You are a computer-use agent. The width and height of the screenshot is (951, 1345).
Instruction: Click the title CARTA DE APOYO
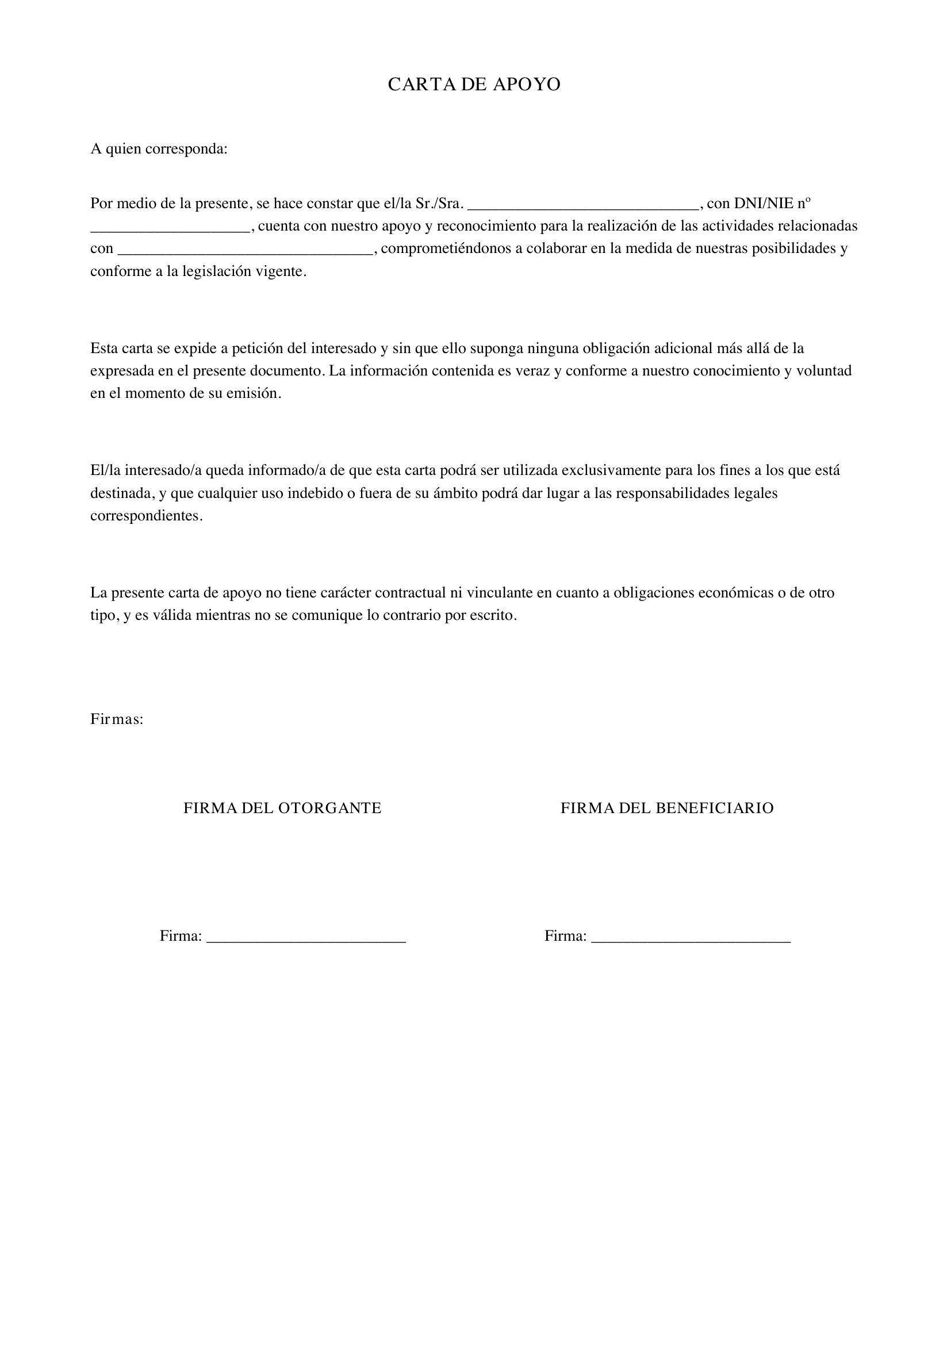(474, 85)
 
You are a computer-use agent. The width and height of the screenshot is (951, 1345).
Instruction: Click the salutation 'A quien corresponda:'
(159, 149)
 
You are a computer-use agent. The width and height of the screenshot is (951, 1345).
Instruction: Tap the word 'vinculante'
(499, 593)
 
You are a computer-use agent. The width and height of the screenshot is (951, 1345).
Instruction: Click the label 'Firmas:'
(117, 719)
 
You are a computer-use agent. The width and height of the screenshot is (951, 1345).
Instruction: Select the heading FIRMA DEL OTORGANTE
(282, 808)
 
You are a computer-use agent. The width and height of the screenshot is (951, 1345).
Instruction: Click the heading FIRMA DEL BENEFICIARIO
(667, 808)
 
